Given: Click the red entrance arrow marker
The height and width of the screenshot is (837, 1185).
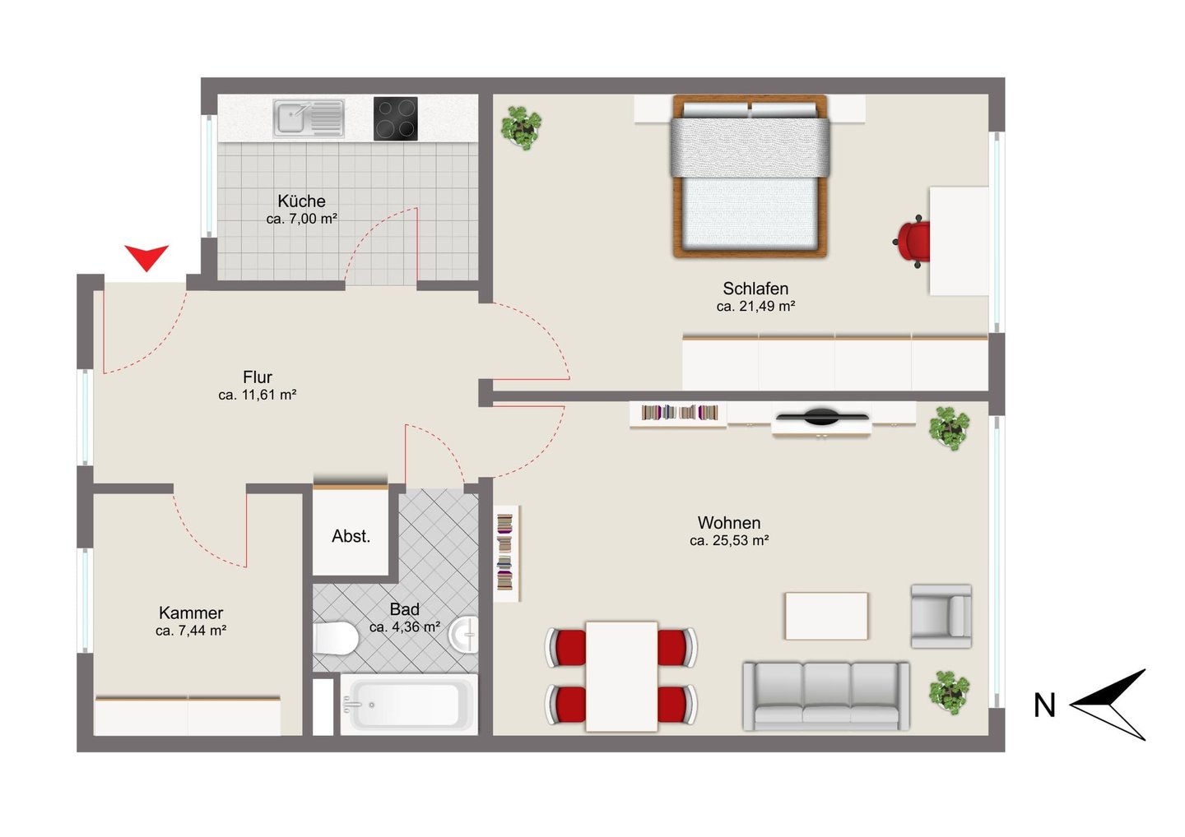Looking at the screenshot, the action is click(146, 257).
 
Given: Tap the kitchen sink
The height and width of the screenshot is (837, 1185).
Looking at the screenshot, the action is click(309, 118).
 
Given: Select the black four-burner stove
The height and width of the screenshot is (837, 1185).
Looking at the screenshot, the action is click(395, 118).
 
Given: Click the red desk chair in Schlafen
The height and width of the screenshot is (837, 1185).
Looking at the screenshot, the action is click(913, 242).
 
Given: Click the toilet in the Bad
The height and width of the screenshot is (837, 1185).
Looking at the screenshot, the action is click(336, 638).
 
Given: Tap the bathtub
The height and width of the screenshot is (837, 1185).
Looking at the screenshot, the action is click(408, 704).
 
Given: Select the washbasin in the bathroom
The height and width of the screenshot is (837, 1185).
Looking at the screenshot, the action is click(464, 634).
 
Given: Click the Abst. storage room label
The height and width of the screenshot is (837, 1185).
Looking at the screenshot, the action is click(351, 536).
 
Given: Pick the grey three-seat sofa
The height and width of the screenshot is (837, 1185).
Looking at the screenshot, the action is click(826, 696).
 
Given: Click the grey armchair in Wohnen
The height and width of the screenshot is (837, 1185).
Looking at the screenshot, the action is click(941, 616).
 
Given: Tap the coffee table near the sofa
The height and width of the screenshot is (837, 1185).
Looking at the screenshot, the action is click(826, 616).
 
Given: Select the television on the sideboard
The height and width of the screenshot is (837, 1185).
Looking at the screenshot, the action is click(821, 416).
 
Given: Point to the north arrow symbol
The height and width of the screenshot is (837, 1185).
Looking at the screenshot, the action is click(1108, 705).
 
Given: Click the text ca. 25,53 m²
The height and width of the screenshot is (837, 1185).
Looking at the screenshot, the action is click(729, 540).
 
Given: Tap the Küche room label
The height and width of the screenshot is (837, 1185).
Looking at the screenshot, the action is click(301, 201).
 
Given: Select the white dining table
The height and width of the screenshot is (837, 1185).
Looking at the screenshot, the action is click(621, 677).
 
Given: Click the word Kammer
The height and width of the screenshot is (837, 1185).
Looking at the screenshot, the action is click(191, 613).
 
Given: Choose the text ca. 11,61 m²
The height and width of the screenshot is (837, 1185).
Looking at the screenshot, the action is click(257, 395).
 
